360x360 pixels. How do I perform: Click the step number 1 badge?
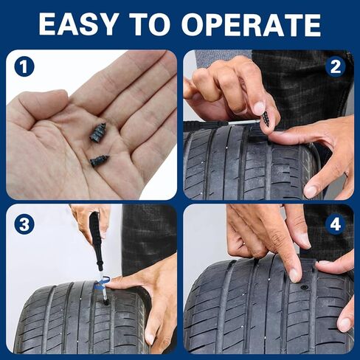(x=24, y=68)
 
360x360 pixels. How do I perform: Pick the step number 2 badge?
(x=336, y=68)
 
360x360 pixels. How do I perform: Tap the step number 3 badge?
(x=24, y=222)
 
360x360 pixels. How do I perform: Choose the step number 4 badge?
(x=336, y=223)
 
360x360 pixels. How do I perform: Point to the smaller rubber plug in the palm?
(x=99, y=159)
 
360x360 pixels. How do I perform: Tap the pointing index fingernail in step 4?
(x=294, y=274)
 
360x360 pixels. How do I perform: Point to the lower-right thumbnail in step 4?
(x=345, y=324)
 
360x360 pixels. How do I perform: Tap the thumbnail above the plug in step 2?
(x=259, y=108)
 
